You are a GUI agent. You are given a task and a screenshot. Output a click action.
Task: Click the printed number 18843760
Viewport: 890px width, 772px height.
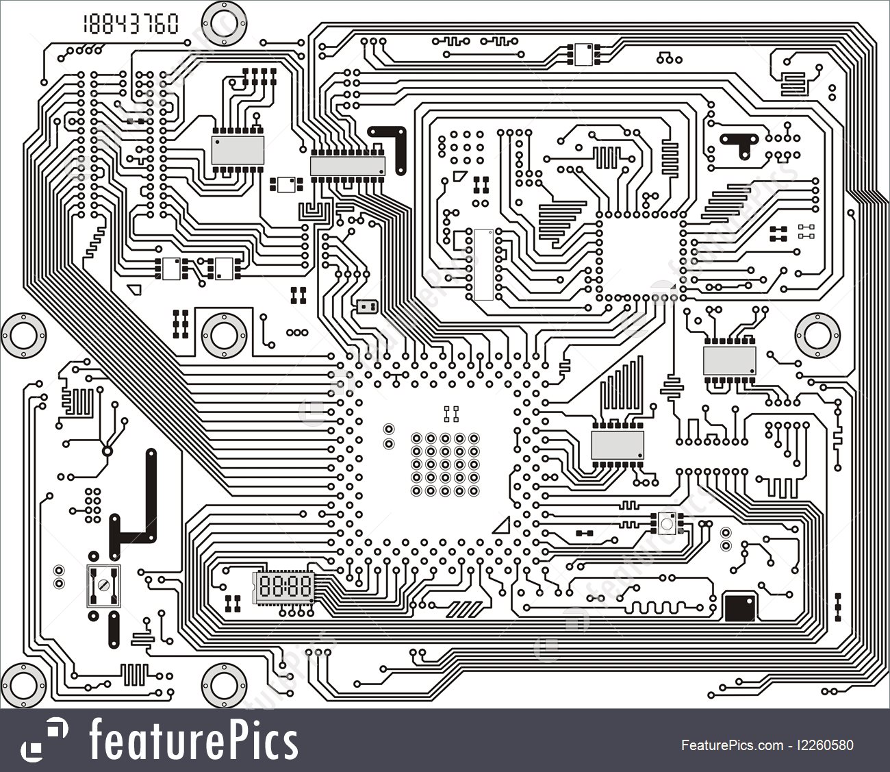pyautogui.click(x=130, y=24)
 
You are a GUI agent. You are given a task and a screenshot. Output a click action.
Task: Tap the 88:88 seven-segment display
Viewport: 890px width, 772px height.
pyautogui.click(x=283, y=587)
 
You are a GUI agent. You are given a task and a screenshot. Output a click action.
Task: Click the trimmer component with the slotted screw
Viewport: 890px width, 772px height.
pyautogui.click(x=103, y=586)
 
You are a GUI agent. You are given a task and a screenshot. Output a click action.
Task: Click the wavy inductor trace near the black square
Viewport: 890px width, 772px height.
pyautogui.click(x=658, y=607)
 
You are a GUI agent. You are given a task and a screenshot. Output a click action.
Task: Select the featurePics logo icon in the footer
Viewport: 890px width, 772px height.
pyautogui.click(x=44, y=740)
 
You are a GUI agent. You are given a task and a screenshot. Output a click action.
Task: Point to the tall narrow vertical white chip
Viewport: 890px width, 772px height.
pyautogui.click(x=483, y=264)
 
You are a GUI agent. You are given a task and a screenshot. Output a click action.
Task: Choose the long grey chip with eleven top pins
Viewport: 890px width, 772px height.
pyautogui.click(x=348, y=165)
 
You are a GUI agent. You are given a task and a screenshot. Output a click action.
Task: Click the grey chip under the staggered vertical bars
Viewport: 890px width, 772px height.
pyautogui.click(x=618, y=445)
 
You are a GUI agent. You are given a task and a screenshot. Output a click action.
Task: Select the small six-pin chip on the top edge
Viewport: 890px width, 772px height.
pyautogui.click(x=583, y=53)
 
